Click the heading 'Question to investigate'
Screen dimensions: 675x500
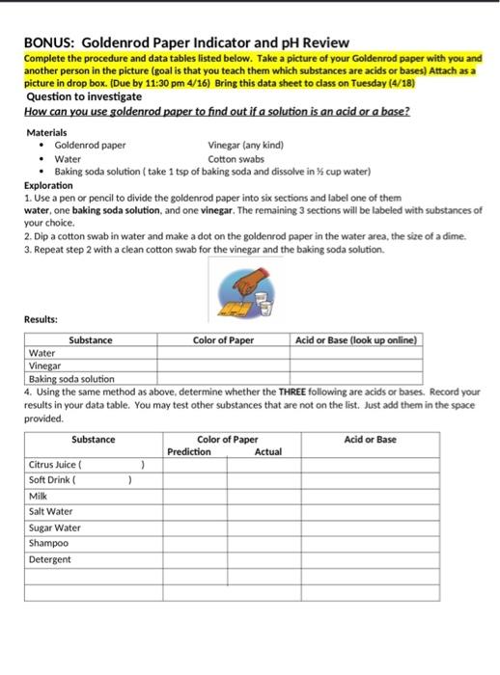pos(84,97)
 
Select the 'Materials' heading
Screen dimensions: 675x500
pos(47,131)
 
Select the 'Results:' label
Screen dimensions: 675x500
pos(42,317)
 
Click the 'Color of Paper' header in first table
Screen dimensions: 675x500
pos(223,340)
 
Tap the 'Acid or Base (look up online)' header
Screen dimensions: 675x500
pos(356,340)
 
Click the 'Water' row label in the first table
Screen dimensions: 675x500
pos(42,354)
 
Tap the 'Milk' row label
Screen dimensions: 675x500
pos(39,496)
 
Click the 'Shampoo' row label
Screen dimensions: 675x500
pos(49,543)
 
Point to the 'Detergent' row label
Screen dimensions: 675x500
pos(50,558)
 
